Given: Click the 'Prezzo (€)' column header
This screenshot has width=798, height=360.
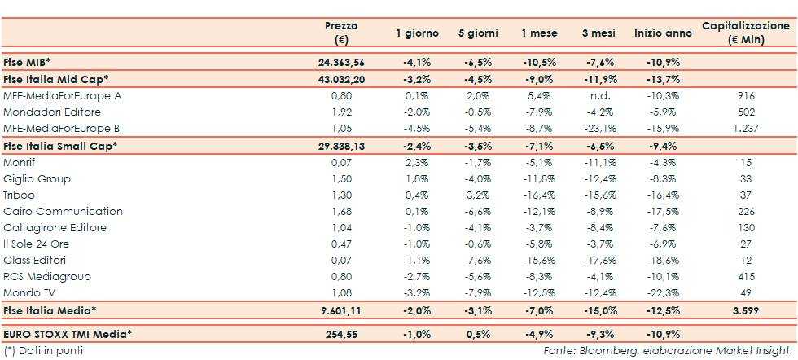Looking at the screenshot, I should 340,33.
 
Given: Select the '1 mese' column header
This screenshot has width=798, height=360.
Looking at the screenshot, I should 539,33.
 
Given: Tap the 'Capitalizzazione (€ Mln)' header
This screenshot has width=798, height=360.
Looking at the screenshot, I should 747,33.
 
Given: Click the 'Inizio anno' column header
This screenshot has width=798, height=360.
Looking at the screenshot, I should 663,33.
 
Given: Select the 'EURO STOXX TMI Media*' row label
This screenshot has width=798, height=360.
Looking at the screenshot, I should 67,334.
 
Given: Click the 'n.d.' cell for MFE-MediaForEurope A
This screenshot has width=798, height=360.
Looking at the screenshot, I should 602,95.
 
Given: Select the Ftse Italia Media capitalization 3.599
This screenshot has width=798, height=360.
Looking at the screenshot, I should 746,310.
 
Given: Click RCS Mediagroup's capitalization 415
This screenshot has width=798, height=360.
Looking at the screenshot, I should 746,277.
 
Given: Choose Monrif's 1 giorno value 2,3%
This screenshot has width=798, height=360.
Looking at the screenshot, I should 417,163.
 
